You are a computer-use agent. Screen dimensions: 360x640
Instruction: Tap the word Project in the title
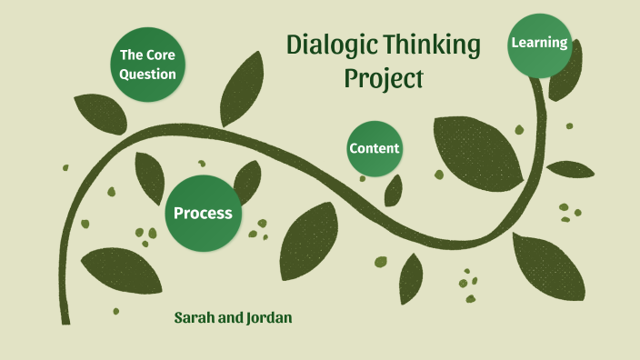384,79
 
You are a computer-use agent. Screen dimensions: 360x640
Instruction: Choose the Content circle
375,149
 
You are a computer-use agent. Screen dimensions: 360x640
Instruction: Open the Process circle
203,214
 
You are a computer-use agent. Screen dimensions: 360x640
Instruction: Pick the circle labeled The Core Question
148,65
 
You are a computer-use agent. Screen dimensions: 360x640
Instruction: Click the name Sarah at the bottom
196,319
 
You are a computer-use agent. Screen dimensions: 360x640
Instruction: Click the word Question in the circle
148,75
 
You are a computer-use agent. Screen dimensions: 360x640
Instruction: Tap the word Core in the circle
160,55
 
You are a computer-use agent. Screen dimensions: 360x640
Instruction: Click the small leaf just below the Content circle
394,190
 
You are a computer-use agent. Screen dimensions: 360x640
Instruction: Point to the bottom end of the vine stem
65,318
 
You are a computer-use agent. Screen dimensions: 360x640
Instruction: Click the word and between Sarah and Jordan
231,319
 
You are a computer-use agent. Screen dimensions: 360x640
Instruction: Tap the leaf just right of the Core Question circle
240,88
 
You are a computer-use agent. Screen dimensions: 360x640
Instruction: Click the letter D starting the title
295,45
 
